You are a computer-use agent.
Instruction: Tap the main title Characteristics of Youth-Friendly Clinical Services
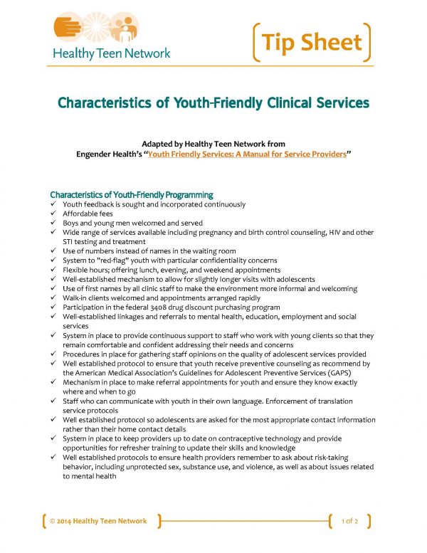tap(213, 102)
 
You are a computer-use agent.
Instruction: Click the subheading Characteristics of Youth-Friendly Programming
tap(132, 194)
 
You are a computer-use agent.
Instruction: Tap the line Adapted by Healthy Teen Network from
tap(213, 143)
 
